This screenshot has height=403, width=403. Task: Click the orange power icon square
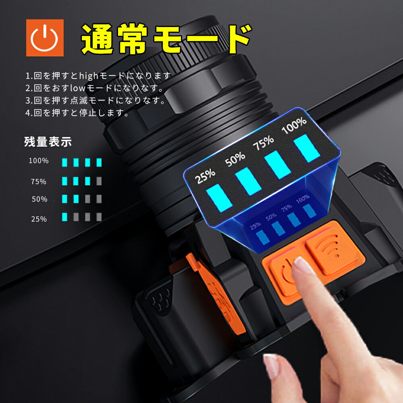(x=45, y=38)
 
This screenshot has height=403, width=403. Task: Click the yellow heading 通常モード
(x=166, y=39)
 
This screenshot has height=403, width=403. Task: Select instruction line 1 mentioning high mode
(x=98, y=76)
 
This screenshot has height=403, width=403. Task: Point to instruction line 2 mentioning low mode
(x=94, y=88)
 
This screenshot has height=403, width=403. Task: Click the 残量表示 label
(x=48, y=142)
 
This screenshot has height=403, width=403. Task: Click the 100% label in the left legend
(x=39, y=161)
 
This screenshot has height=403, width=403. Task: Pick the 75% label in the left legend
(x=39, y=182)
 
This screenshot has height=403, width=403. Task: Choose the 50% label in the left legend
(x=39, y=199)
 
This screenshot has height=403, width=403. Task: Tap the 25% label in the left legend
(x=39, y=219)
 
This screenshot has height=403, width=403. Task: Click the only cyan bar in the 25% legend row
(x=64, y=217)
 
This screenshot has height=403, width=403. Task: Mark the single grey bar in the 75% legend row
(x=99, y=181)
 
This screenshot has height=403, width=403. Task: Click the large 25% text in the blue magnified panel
(x=205, y=177)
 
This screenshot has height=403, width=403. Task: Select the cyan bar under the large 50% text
(x=248, y=181)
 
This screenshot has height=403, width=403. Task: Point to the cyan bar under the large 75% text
(x=277, y=165)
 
